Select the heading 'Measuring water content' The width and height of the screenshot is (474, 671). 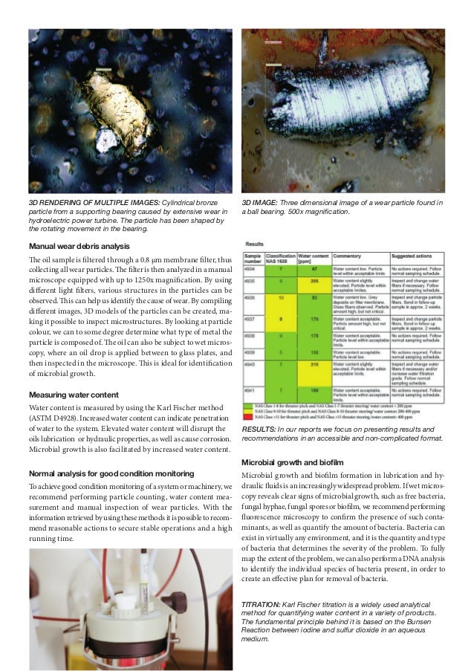pos(73,395)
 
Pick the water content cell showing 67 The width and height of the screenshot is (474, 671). pos(314,269)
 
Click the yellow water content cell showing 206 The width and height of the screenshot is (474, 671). pos(314,282)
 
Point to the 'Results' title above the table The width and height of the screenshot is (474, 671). pos(255,243)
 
